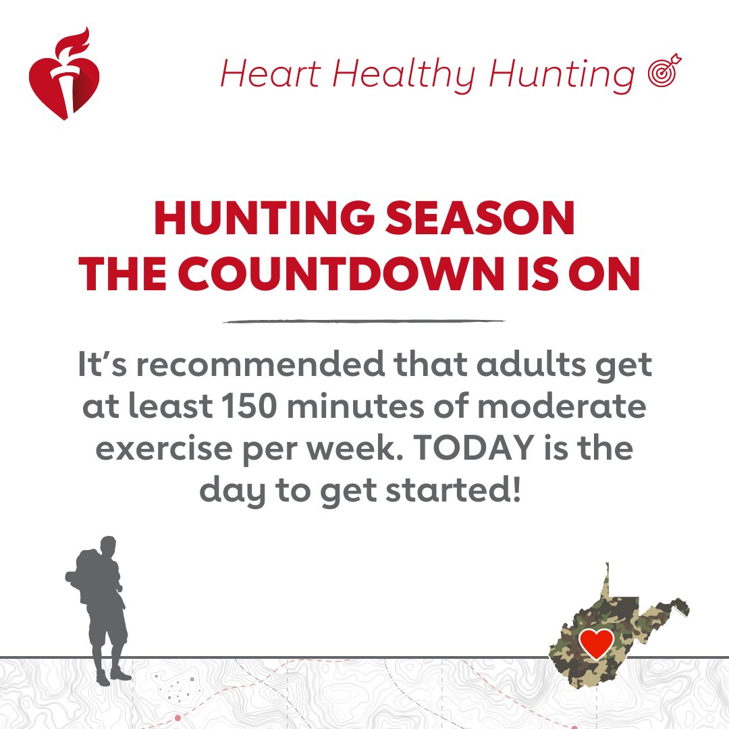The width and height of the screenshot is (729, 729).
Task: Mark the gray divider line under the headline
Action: coord(364,321)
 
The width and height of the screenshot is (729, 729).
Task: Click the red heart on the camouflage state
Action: coord(597,643)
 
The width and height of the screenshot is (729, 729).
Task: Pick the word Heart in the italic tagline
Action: coord(270,74)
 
